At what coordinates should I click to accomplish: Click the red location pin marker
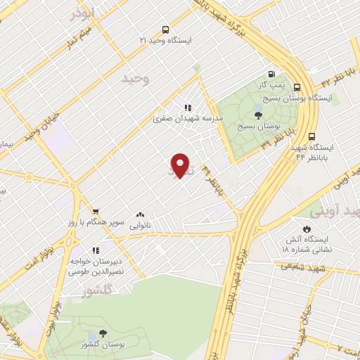point(181,165)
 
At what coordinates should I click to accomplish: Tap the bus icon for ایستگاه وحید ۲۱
point(165,30)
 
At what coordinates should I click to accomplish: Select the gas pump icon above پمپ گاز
point(271,74)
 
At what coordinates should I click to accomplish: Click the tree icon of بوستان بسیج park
point(258,115)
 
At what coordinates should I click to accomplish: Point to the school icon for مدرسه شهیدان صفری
point(188,108)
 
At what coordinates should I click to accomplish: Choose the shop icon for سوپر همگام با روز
point(96,211)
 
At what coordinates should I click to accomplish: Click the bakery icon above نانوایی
point(140,215)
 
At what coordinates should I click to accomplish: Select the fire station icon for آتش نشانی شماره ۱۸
point(307,229)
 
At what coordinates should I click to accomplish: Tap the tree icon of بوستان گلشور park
point(103,335)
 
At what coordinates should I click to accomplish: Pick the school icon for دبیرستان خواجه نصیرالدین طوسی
point(96,250)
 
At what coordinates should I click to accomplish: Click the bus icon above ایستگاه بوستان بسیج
point(297,88)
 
